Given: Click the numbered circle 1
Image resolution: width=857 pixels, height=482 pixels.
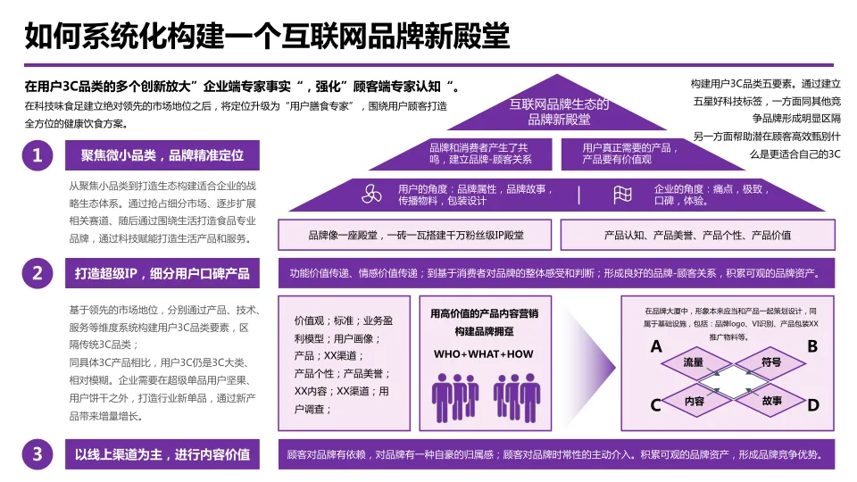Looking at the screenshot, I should point(37,156).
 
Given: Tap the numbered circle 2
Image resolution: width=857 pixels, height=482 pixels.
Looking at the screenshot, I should point(37,273).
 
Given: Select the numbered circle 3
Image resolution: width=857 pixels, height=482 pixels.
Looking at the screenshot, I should point(37,454).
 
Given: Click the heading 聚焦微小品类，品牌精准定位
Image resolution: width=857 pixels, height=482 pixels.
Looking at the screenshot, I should point(162,156).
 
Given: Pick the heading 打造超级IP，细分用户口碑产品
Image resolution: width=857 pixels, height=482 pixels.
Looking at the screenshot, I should point(162,273).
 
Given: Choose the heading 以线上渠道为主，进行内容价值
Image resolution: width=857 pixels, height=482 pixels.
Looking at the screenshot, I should point(162,454).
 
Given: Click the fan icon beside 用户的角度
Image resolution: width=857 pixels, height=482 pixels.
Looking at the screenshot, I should point(371,194).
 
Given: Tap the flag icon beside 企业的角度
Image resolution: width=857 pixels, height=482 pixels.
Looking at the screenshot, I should point(623,195).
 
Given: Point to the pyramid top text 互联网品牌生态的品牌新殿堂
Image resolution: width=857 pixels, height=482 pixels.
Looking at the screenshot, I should point(559,112).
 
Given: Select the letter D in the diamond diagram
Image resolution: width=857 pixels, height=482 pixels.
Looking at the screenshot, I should point(812,405).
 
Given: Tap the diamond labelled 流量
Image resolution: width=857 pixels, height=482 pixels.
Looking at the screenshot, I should point(694,363).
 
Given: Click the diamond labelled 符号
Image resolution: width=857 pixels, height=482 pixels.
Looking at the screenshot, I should point(771,363).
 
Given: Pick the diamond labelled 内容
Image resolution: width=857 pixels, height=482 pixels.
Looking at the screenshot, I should point(695,401).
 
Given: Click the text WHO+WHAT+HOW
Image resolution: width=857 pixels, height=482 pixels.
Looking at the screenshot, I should point(483,354).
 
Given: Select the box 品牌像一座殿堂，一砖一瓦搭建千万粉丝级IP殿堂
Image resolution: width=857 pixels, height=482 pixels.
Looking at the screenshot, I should point(416,235).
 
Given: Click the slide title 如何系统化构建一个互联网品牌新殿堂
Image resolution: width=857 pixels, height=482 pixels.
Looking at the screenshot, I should point(267,37).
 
